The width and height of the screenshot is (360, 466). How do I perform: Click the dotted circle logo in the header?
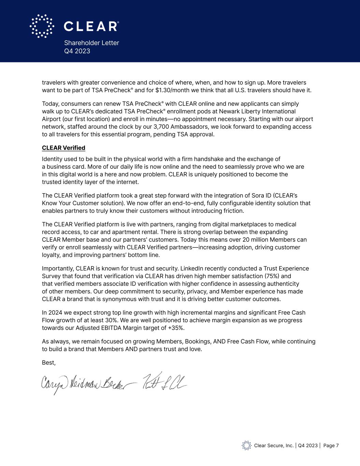coord(42,26)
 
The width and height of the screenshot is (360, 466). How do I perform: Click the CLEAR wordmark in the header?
coord(91,26)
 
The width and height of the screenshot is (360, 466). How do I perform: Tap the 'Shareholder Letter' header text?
coord(91,43)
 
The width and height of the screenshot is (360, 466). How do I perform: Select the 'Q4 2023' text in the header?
coord(77,51)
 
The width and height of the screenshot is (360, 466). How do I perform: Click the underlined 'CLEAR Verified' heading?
coord(63,148)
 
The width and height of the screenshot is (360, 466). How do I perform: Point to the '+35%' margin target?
coord(177,328)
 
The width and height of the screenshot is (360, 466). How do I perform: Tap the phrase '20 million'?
coord(258,240)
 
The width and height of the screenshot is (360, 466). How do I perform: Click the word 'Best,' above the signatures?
coord(49,363)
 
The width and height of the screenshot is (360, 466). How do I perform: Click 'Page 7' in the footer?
coord(331,446)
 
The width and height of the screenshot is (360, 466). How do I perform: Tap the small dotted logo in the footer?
coord(246,446)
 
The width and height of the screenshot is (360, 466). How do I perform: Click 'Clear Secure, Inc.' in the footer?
coord(274,446)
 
